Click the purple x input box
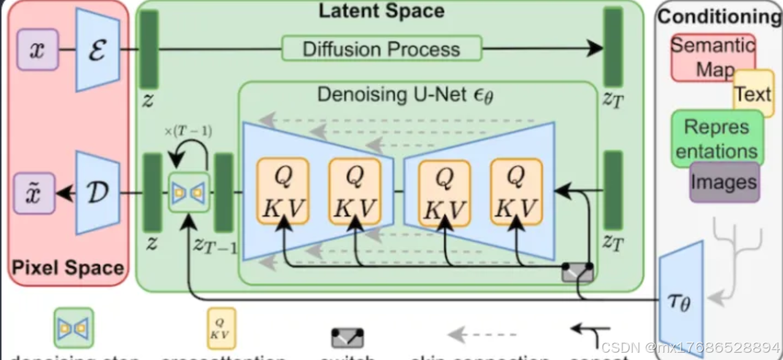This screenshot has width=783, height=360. point(37,50)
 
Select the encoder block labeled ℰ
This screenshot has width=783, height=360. point(97,50)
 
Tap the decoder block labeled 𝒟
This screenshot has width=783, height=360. point(97,192)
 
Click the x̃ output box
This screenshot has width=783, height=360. point(37,193)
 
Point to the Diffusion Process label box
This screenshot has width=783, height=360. point(381,49)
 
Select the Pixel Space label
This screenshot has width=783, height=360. point(67,267)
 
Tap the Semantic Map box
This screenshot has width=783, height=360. point(712,57)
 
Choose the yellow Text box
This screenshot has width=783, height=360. point(753,93)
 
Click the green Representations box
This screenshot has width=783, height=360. point(717,139)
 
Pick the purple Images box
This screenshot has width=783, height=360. point(725,180)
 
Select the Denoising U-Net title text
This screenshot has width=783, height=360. point(405,95)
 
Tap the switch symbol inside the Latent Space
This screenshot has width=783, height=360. point(577,272)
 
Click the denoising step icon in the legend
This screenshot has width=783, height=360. point(73,328)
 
